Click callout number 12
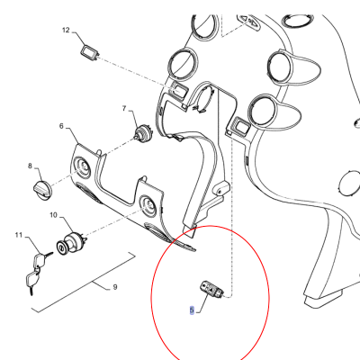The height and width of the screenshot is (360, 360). coord(66,30)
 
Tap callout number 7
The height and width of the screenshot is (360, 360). coord(124,108)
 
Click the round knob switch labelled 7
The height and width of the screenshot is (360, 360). coord(142,133)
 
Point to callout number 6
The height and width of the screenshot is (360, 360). coord(61,126)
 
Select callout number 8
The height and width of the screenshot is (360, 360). coord(30,166)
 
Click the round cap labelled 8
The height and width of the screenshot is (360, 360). coord(42,189)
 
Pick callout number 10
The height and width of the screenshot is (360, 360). coord(53,215)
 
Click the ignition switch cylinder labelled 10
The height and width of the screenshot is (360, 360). coord(71,243)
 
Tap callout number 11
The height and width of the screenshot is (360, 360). coord(19,235)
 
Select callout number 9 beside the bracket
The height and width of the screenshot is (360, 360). coord(115,287)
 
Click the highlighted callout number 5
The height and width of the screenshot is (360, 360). coord(192,310)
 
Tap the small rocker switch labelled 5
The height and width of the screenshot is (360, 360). coord(211,289)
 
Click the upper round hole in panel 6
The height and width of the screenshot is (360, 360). coord(82,166)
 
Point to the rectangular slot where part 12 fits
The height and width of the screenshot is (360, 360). coord(179,90)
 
